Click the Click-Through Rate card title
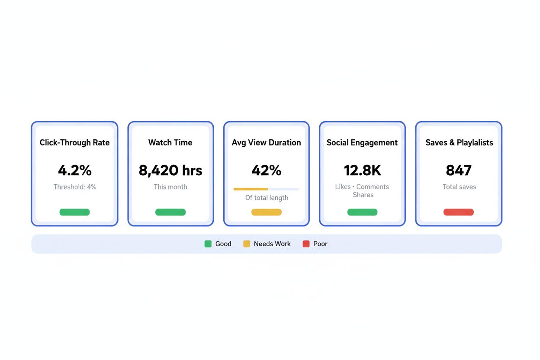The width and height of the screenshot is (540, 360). tap(74, 143)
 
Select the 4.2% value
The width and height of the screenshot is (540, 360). tap(74, 170)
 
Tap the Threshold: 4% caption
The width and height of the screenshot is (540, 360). tap(74, 187)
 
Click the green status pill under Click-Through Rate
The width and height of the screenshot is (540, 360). tap(74, 212)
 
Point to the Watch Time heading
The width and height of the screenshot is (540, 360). tap(170, 143)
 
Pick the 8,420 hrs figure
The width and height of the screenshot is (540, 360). tap(170, 170)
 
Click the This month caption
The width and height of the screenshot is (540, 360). tap(170, 187)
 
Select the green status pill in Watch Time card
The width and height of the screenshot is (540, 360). tap(170, 212)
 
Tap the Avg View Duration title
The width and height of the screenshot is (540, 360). tap(266, 143)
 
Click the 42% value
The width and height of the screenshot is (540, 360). tap(266, 170)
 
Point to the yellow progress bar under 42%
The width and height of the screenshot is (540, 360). tap(251, 189)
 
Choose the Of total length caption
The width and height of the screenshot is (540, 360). tap(266, 198)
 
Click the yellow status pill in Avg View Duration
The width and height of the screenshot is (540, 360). tap(266, 212)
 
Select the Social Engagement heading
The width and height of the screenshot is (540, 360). tap(362, 143)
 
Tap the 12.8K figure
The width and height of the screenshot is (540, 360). tap(362, 170)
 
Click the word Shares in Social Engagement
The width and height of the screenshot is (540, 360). tap(363, 195)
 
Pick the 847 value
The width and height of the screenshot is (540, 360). tap(458, 170)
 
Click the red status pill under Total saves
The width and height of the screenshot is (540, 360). tap(458, 212)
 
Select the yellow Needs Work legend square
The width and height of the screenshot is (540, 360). tap(247, 244)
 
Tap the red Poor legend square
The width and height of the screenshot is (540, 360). tap(306, 244)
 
